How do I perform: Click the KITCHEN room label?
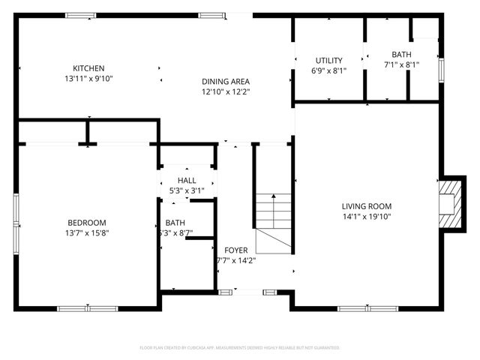88,68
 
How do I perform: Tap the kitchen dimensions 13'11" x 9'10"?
88,78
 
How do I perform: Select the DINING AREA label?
225,82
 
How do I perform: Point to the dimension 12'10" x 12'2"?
225,92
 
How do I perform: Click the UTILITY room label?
328,61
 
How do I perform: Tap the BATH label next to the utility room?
401,54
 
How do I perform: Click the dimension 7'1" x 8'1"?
401,64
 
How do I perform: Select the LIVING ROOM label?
367,206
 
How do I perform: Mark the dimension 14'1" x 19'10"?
367,217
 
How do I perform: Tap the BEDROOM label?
87,223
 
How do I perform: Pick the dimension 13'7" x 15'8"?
87,233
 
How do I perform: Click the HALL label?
187,181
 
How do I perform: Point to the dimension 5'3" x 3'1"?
187,191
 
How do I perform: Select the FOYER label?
235,250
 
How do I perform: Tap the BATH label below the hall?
175,223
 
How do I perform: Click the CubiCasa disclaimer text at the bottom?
240,348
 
